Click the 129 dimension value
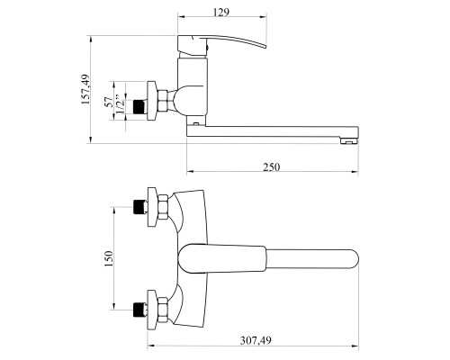[221, 13]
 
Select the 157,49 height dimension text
[85, 89]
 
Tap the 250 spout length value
[272, 166]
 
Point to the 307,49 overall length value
[256, 340]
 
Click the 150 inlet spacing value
[109, 258]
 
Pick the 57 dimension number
[109, 102]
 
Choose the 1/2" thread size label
[120, 104]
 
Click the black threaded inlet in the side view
[139, 107]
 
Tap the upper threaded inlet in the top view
[139, 207]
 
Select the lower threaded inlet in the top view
[139, 310]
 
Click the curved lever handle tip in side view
[264, 46]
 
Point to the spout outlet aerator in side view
[349, 140]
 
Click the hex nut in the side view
[164, 102]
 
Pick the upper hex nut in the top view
[163, 208]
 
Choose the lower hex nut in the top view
[163, 310]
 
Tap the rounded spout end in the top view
[354, 258]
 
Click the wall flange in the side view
[152, 101]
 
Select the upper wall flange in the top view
[152, 207]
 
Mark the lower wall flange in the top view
[152, 310]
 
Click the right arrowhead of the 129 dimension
[264, 17]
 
